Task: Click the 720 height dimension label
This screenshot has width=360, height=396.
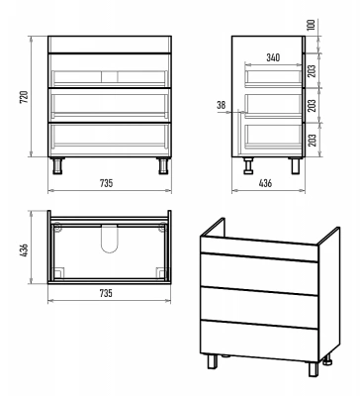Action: tap(25, 97)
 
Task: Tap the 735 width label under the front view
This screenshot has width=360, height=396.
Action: tap(106, 183)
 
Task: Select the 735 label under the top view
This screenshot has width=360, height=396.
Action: tap(106, 293)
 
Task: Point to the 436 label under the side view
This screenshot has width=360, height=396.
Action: tap(265, 183)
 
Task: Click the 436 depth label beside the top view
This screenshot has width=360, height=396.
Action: tap(25, 251)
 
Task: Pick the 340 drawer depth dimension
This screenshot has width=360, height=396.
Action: tap(273, 57)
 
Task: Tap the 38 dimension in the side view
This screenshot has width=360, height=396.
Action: tap(222, 105)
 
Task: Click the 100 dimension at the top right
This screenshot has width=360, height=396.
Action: tap(312, 26)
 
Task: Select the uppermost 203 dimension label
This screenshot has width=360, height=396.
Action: tap(312, 70)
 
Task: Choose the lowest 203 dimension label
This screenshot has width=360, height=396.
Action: tap(312, 140)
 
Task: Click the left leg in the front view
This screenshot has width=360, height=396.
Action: tap(58, 165)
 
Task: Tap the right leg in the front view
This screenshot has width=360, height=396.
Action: tap(162, 165)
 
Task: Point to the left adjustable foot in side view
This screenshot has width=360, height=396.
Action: tap(248, 165)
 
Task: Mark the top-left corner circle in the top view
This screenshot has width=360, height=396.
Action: tap(57, 227)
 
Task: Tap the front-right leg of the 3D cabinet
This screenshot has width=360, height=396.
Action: tap(314, 368)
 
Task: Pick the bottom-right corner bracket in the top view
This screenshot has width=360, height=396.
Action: tap(160, 272)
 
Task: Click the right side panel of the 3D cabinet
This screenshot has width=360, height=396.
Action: tap(329, 295)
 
